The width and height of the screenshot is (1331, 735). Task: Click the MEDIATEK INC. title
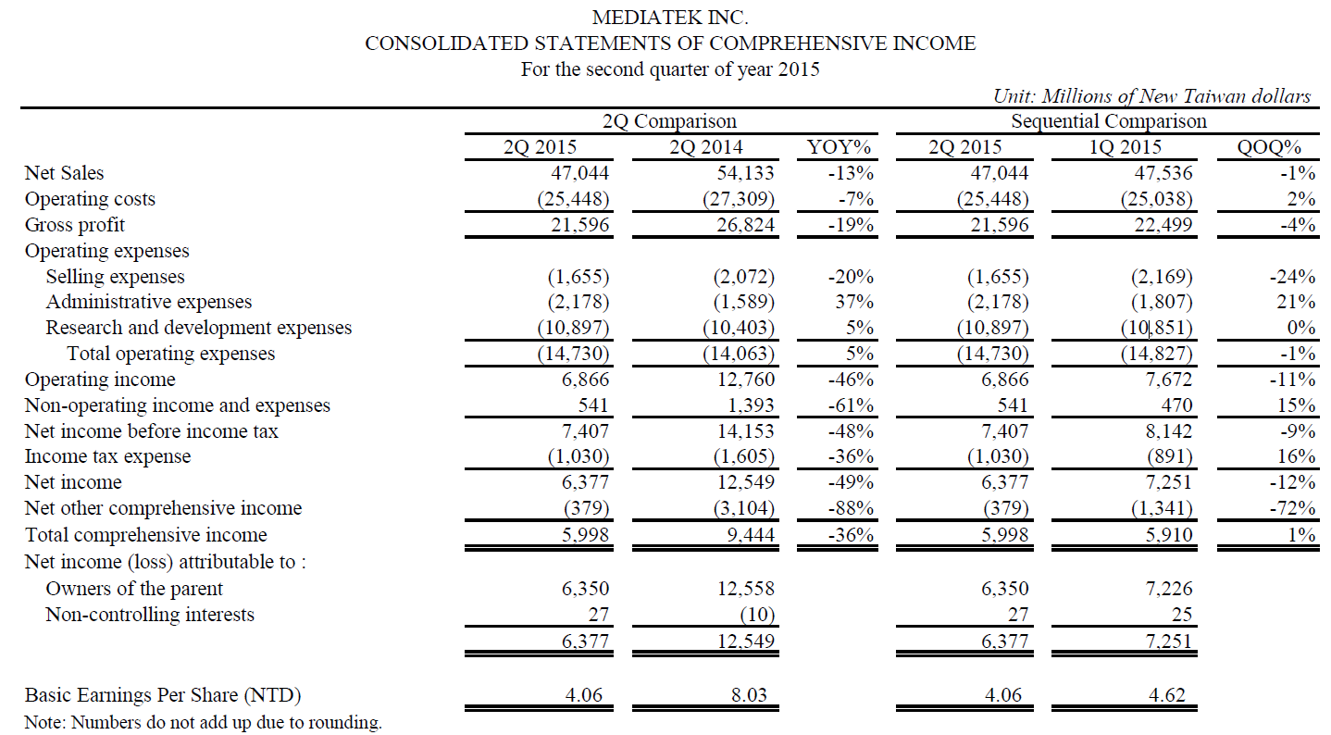[x=669, y=18]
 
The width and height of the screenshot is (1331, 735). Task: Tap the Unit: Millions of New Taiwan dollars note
[x=1151, y=96]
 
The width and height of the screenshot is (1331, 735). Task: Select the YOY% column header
[x=838, y=147]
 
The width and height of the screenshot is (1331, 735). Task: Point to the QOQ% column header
[x=1269, y=147]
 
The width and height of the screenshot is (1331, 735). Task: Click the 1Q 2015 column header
[x=1125, y=147]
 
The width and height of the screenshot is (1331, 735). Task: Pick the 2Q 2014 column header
[x=705, y=147]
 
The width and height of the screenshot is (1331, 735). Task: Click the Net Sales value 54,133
[x=745, y=173]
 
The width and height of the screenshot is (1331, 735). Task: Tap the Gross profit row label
[x=74, y=225]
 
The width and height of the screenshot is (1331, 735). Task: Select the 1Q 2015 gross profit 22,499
[x=1163, y=225]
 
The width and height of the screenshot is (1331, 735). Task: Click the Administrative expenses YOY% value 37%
[x=854, y=302]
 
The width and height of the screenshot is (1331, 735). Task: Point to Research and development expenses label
[x=198, y=328]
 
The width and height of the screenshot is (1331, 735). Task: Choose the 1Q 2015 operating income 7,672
[x=1168, y=380]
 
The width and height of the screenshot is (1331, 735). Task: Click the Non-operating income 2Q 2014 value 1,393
[x=751, y=405]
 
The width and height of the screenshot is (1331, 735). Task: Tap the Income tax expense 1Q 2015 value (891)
[x=1169, y=456]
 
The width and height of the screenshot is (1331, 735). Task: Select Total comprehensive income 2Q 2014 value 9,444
[x=751, y=535]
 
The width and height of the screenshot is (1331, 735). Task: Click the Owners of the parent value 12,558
[x=746, y=588]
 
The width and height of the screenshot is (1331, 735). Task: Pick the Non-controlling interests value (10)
[x=757, y=615]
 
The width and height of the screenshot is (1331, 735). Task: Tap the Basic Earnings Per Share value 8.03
[x=749, y=694]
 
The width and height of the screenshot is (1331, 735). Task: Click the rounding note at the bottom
[x=203, y=723]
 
